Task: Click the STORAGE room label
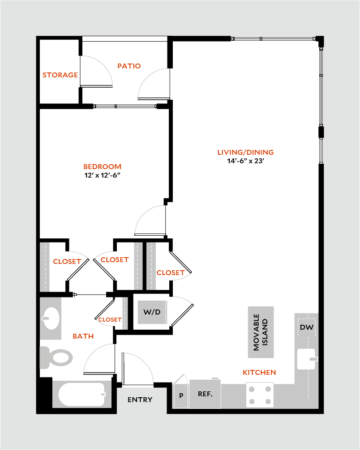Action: tap(60, 75)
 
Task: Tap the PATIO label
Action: tap(129, 66)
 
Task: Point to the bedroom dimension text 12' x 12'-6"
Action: tap(103, 176)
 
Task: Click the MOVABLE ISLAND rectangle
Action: tap(261, 332)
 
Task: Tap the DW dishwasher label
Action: tap(306, 327)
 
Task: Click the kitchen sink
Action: tap(306, 359)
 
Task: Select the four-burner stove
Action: tap(260, 395)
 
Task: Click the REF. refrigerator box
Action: tap(205, 394)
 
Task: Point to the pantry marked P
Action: tap(181, 395)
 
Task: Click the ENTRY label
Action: tap(140, 400)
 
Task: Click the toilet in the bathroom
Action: tap(57, 357)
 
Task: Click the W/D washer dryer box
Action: tap(152, 311)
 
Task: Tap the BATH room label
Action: tap(83, 336)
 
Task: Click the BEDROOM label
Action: tap(103, 167)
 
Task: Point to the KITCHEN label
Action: tap(259, 372)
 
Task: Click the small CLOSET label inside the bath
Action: tap(110, 319)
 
